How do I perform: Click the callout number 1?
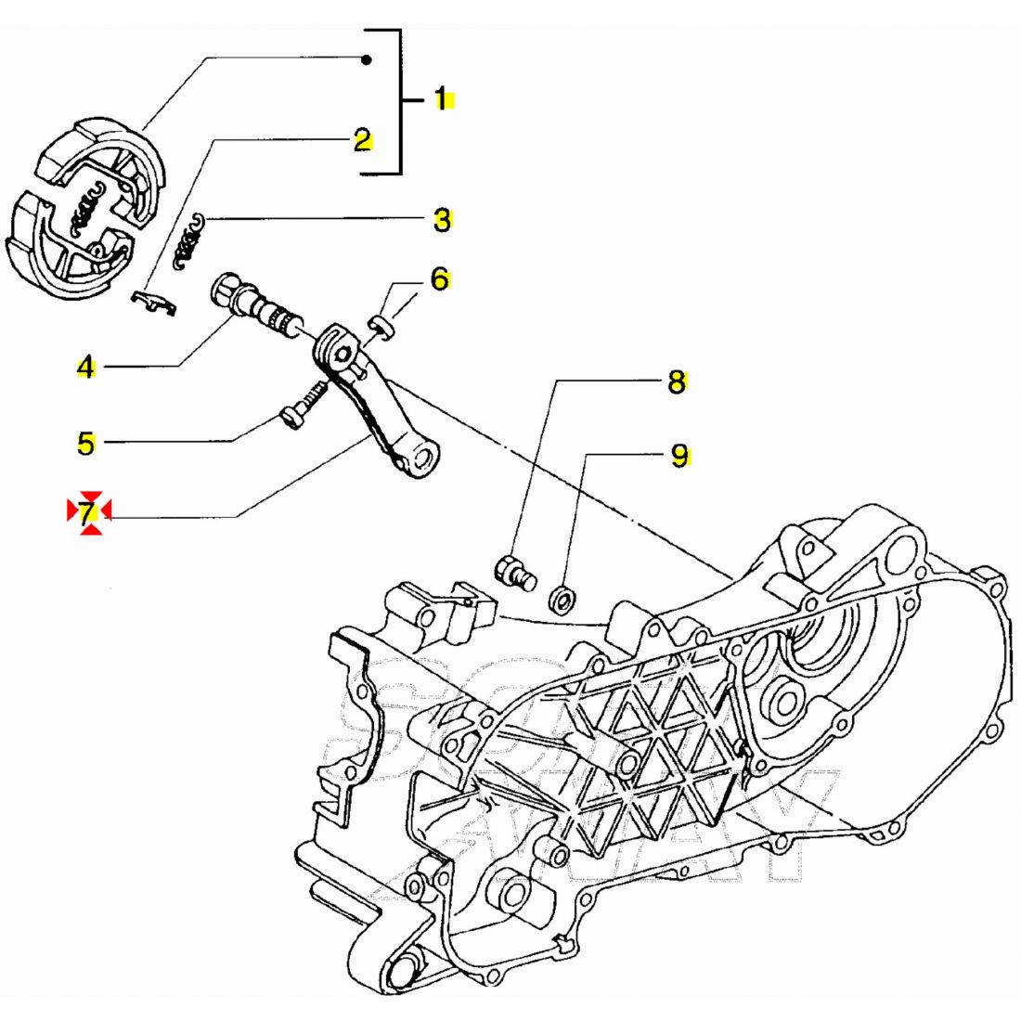pos(443,98)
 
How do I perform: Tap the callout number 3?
pos(442,221)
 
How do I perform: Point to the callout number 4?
pos(85,368)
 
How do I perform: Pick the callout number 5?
pos(85,444)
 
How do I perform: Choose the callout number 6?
pos(439,278)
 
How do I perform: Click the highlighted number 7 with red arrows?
pos(88,511)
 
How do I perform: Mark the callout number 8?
pos(677,381)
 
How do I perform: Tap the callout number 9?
pos(680,456)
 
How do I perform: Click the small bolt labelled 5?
pos(300,409)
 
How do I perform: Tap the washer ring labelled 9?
pos(562,600)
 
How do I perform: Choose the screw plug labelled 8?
pos(514,570)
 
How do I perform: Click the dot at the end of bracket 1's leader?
pos(367,60)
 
